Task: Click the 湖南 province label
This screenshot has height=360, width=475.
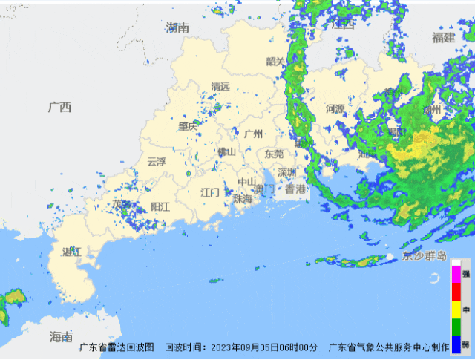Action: (x=178, y=27)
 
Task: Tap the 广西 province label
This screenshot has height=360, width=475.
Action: (x=59, y=107)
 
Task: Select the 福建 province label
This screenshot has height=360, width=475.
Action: (x=443, y=37)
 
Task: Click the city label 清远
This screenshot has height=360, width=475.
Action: (x=220, y=87)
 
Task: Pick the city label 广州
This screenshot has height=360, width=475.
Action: (x=254, y=134)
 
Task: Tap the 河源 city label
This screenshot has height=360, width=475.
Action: (x=335, y=108)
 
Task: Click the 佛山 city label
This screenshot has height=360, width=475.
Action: (x=226, y=151)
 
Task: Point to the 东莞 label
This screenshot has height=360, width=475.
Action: (x=274, y=154)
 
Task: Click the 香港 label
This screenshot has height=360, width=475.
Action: (x=295, y=189)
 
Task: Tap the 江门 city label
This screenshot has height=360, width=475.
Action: (x=211, y=192)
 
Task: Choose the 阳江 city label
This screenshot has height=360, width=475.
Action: (x=160, y=206)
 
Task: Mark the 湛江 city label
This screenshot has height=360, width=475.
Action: (x=71, y=252)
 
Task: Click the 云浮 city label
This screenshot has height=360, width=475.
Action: (x=157, y=161)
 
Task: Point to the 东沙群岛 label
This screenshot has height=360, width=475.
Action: (x=425, y=256)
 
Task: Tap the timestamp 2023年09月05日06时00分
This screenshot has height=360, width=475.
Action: (x=264, y=347)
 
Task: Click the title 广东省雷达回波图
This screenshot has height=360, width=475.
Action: (x=117, y=347)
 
